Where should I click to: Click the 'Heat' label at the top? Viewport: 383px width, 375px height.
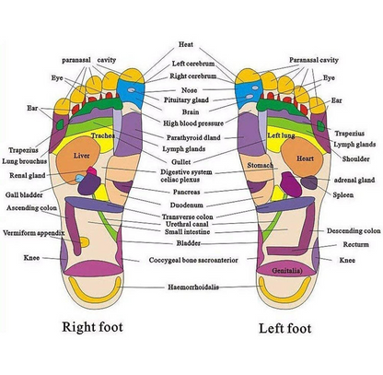(x=186, y=44)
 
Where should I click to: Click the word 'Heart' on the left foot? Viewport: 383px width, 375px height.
(x=306, y=158)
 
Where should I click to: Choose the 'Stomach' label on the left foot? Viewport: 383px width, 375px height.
(x=262, y=163)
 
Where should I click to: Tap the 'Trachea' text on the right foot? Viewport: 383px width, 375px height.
(x=102, y=135)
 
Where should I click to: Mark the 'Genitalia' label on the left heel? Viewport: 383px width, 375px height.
(x=291, y=272)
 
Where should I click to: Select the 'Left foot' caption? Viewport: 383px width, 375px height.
(x=285, y=325)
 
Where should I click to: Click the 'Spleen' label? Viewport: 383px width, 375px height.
(x=344, y=194)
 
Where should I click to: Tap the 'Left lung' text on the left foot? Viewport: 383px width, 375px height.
(x=281, y=135)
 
